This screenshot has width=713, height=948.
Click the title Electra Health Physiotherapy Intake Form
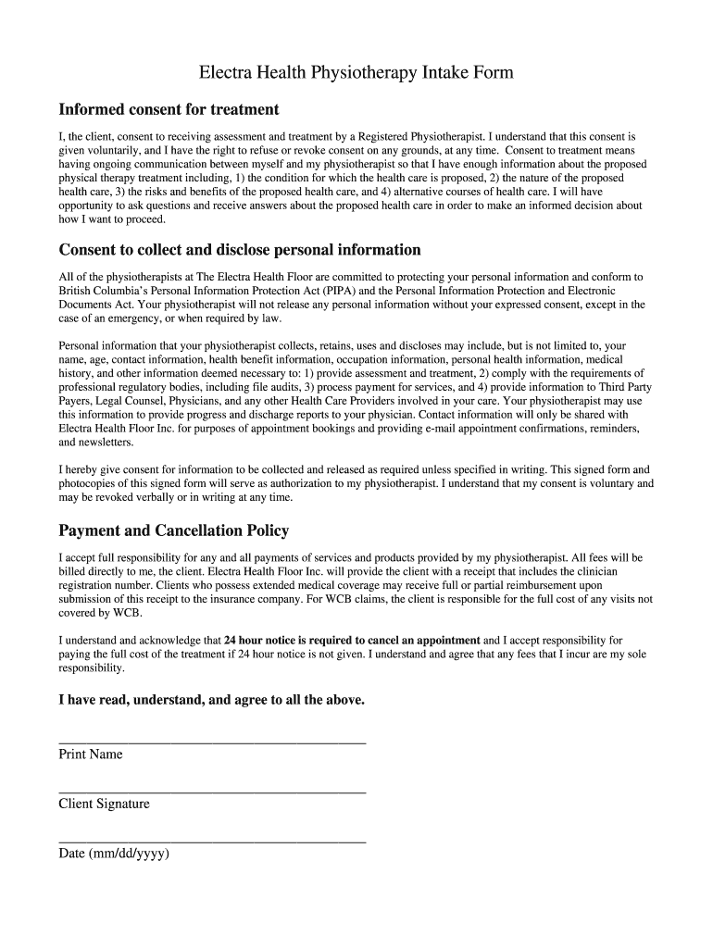(x=356, y=72)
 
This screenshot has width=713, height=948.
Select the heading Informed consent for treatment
(x=169, y=109)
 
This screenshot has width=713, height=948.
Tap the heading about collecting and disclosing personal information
(x=240, y=250)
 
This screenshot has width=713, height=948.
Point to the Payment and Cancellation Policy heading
(x=174, y=530)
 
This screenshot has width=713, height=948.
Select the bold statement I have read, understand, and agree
(x=212, y=700)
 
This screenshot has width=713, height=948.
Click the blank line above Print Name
(x=212, y=742)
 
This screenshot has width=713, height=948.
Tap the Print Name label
(x=91, y=755)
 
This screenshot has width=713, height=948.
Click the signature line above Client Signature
(x=212, y=792)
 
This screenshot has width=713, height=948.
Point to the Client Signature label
(x=104, y=805)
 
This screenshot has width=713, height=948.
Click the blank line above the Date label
(x=212, y=842)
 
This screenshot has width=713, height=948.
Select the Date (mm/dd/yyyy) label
(x=114, y=854)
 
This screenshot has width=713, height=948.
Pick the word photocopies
(x=90, y=483)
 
